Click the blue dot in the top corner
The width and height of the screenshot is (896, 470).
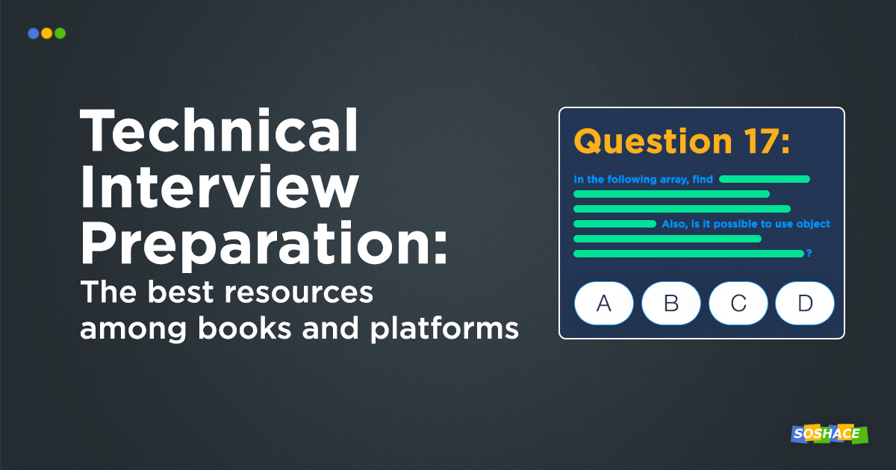33,33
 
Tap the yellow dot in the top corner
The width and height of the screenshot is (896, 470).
47,33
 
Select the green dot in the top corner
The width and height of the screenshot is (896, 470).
60,33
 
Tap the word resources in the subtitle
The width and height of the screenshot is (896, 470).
299,292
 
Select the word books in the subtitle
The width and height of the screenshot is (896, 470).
245,328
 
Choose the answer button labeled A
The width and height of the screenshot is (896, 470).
604,304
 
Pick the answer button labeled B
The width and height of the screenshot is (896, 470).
671,304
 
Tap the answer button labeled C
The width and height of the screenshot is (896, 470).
738,304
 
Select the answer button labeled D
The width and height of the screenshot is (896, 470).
805,304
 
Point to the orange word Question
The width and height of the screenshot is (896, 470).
653,142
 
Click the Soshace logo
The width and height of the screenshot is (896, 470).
830,434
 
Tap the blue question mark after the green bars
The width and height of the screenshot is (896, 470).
809,253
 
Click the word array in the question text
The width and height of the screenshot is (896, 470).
674,180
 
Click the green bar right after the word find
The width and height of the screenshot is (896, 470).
765,179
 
